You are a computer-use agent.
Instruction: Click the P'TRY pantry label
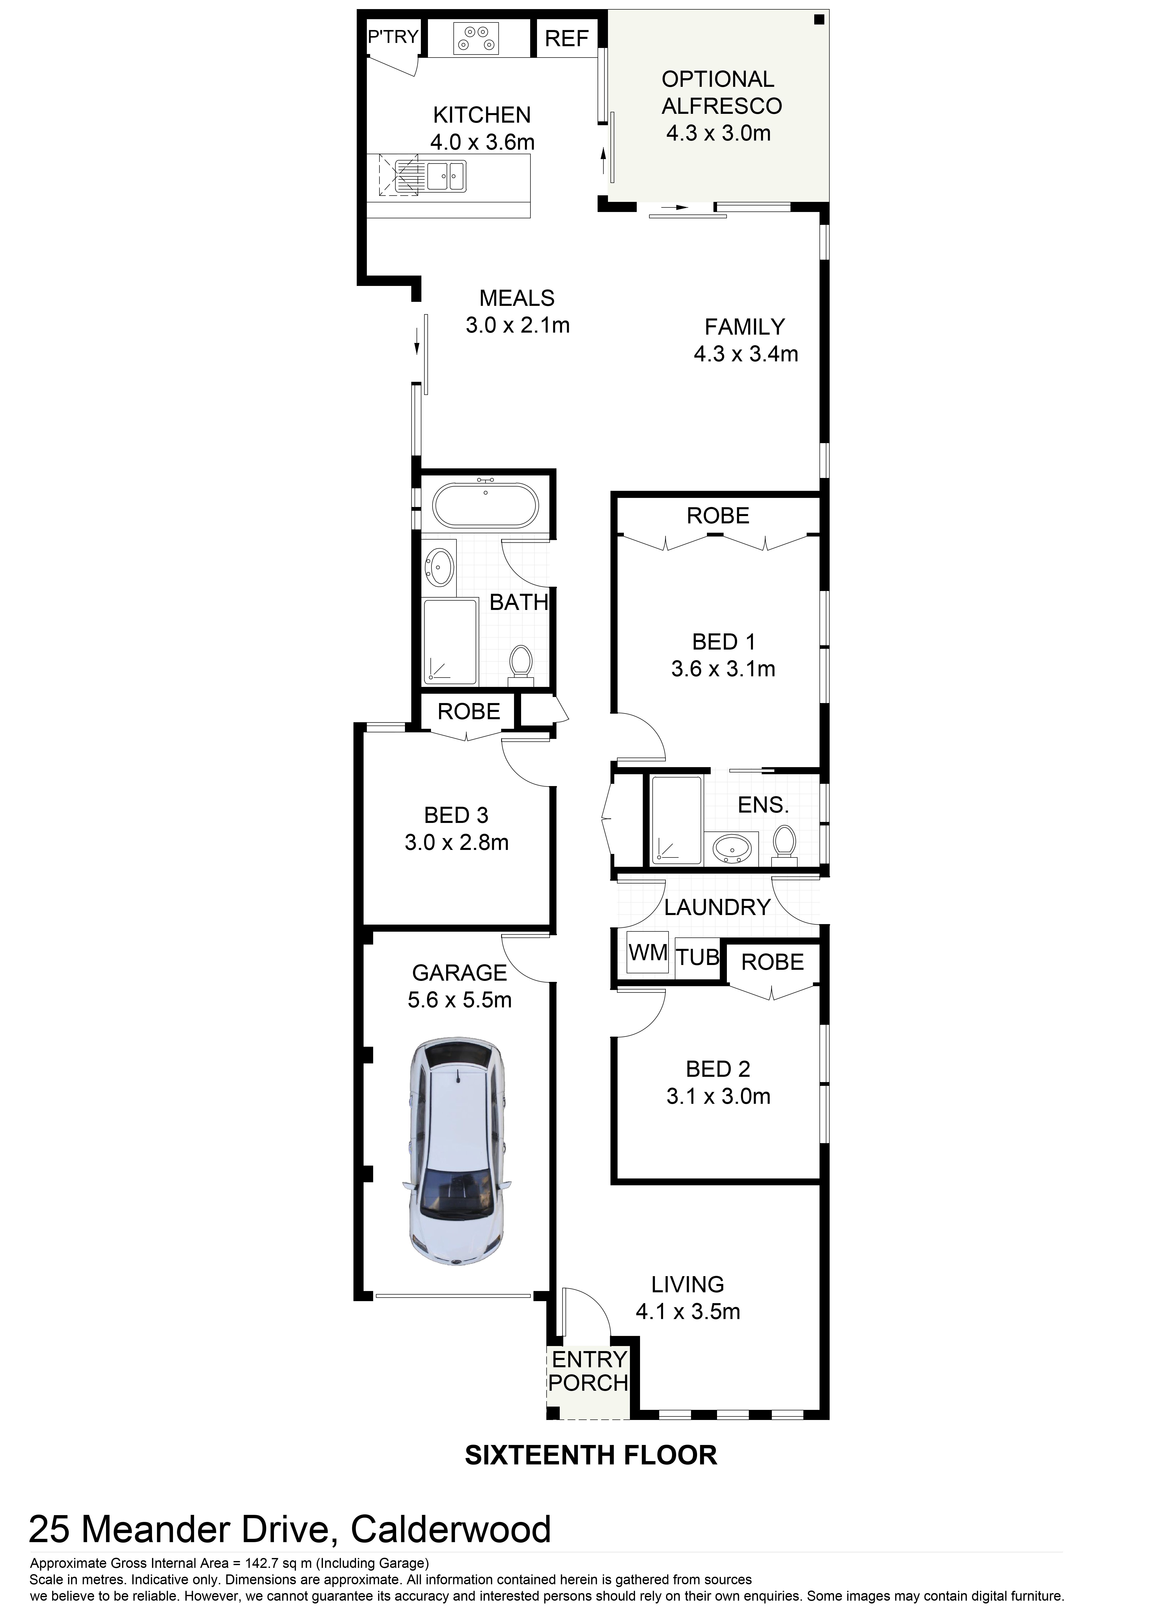(393, 36)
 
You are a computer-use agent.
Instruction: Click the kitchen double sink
(446, 175)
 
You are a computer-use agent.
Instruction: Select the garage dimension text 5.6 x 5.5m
(460, 1000)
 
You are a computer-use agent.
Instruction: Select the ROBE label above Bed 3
(469, 711)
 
